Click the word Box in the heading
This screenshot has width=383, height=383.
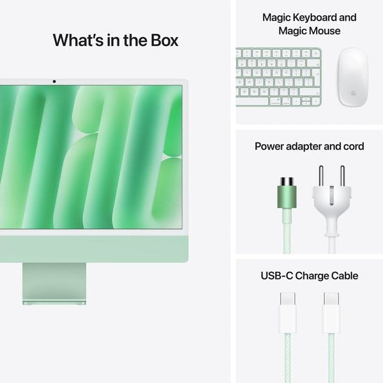tap(161, 40)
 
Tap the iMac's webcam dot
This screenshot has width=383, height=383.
tap(54, 81)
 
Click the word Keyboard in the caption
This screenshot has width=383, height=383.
tap(324, 17)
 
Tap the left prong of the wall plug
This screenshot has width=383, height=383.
tap(322, 176)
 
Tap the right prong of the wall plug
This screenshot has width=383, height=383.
tap(342, 176)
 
